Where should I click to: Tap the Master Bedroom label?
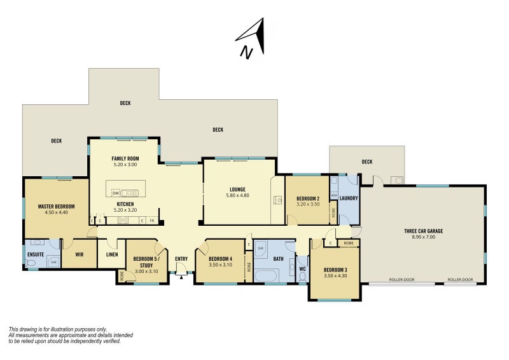[x=56, y=207]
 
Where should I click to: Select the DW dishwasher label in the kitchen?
[x=116, y=193]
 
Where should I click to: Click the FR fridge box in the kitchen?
[x=152, y=221]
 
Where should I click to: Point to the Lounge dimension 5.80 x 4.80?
[x=237, y=195]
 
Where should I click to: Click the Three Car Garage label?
[x=423, y=231]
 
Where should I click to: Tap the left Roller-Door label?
[x=402, y=279]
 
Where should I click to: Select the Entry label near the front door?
[x=181, y=259]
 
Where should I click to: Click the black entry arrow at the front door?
[x=181, y=277]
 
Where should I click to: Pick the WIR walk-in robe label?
[x=79, y=254]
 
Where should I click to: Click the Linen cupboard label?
[x=112, y=254]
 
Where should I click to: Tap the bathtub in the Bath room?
[x=266, y=276]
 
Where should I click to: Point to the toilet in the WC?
[x=303, y=277]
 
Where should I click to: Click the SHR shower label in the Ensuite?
[x=53, y=261]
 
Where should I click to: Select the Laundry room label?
[x=348, y=198]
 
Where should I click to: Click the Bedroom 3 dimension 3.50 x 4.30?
[x=335, y=276]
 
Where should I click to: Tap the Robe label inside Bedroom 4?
[x=249, y=267]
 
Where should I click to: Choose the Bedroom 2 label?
[x=308, y=198]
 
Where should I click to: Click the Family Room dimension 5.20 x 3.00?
[x=125, y=165]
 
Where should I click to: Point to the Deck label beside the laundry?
[x=367, y=162]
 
